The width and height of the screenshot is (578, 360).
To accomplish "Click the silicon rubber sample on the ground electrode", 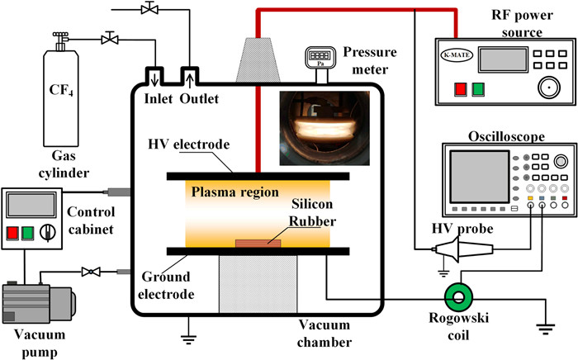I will (258, 243).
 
